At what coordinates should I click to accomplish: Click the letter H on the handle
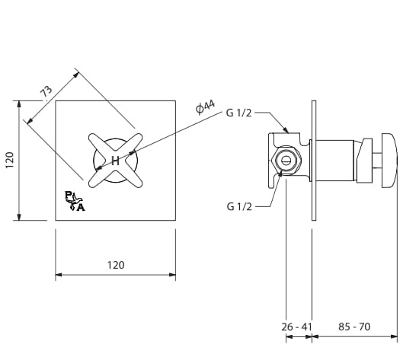[x=115, y=161]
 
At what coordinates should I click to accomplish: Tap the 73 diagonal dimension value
[x=46, y=91]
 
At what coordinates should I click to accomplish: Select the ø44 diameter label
[x=205, y=107]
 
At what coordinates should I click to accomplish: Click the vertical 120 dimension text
[x=10, y=160]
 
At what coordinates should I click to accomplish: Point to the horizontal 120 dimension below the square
[x=116, y=265]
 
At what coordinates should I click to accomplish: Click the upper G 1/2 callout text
[x=238, y=113]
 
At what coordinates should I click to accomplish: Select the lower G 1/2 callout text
[x=239, y=206]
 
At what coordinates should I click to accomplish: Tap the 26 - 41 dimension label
[x=296, y=327]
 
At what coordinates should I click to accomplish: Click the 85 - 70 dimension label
[x=354, y=327]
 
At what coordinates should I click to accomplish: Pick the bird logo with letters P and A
[x=75, y=201]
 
